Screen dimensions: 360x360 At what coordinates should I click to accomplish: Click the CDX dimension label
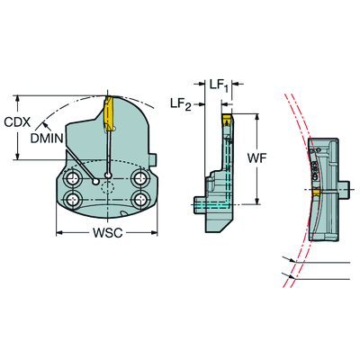17,122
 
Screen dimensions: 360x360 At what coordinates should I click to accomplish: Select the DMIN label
47,139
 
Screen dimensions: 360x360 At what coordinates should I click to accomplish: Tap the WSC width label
107,233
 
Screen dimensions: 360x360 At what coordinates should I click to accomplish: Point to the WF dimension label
257,158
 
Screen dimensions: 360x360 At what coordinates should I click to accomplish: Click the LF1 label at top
219,85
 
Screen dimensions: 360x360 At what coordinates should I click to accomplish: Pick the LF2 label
181,104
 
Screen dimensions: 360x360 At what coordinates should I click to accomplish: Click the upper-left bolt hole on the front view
73,179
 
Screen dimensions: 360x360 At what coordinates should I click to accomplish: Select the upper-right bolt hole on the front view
139,178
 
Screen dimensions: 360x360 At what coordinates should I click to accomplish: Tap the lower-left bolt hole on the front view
73,199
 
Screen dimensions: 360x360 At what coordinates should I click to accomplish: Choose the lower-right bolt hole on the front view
139,198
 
